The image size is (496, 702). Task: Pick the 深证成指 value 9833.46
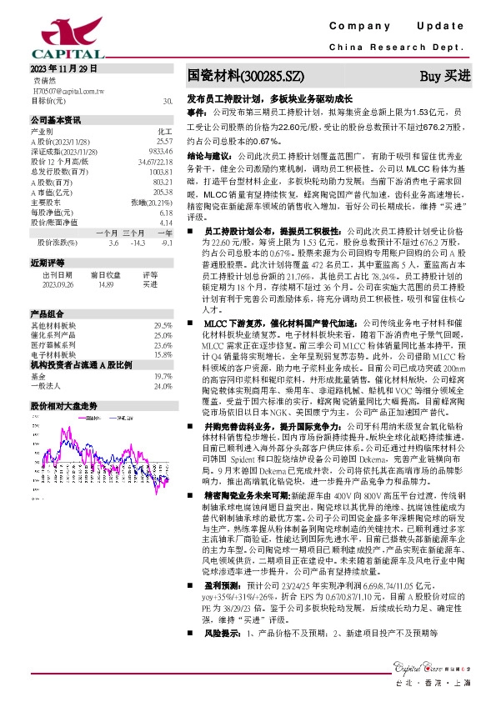point(159,152)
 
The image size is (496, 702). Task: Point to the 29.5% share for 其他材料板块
point(163,325)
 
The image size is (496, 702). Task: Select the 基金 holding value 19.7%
point(163,377)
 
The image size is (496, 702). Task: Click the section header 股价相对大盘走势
point(66,404)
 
